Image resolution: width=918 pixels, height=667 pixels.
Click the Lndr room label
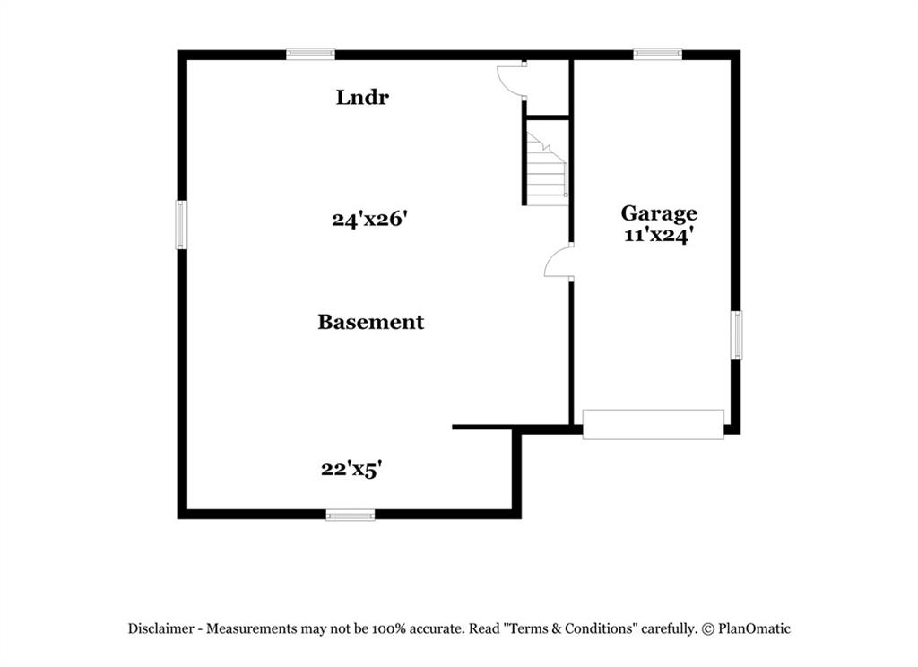[x=362, y=97]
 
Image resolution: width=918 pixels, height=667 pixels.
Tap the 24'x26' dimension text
[x=369, y=219]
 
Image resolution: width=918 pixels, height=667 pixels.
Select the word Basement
[x=370, y=322]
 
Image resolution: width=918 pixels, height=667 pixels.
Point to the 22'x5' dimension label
[x=351, y=469]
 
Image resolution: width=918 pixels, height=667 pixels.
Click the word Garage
[x=659, y=213]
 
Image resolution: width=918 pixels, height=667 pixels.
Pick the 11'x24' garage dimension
[x=659, y=236]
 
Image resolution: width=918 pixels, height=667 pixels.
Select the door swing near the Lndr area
[x=511, y=81]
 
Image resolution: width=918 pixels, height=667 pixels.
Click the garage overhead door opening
[x=654, y=425]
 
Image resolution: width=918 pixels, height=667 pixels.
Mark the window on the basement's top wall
[x=310, y=54]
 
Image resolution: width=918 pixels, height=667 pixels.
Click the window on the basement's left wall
[x=181, y=225]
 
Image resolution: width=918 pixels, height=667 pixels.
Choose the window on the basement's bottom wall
[x=351, y=515]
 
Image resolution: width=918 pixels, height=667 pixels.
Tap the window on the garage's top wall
[x=657, y=54]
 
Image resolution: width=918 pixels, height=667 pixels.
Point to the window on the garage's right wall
[x=736, y=335]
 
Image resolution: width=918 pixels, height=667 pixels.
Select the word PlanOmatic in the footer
[x=754, y=629]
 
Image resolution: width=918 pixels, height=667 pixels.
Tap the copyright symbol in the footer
[x=708, y=629]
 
